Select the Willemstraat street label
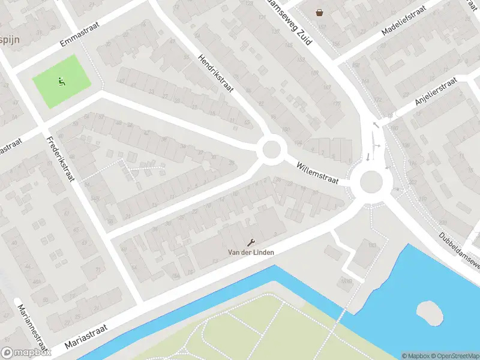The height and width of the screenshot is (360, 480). (x=317, y=173)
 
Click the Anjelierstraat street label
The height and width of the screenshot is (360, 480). (x=436, y=92)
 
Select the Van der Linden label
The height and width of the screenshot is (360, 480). (x=251, y=253)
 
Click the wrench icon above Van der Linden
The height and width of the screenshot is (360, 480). (x=251, y=242)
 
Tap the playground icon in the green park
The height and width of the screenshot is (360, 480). (x=61, y=80)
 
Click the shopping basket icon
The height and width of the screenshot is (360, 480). (x=320, y=11)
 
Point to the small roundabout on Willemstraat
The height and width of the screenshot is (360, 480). (x=272, y=148)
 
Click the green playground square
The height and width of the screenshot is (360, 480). (x=62, y=82)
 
